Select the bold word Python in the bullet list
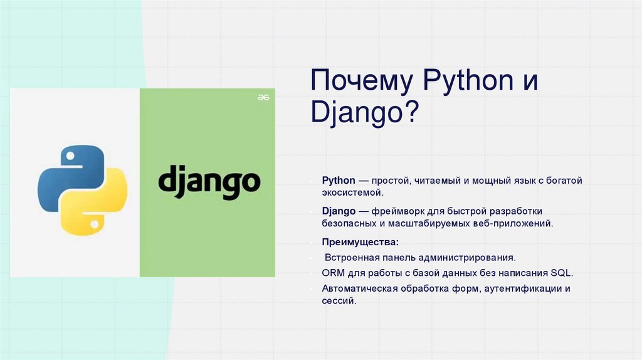(x=339, y=181)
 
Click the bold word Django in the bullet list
(x=339, y=210)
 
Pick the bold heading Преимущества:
(x=360, y=241)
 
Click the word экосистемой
(x=352, y=193)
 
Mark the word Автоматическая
(x=358, y=289)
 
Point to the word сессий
(x=339, y=301)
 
